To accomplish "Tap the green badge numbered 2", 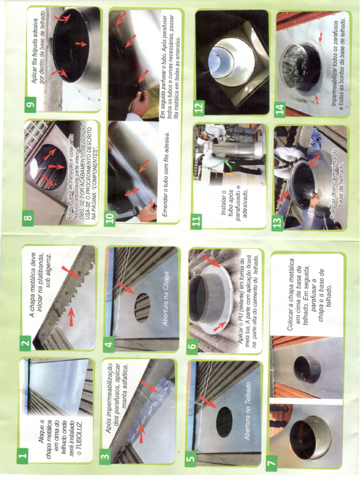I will coord(26,344).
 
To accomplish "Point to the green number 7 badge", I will coord(271,463).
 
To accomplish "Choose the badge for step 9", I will coord(31,105).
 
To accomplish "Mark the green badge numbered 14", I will coord(280,109).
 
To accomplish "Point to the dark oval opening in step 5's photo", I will coord(224,421).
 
